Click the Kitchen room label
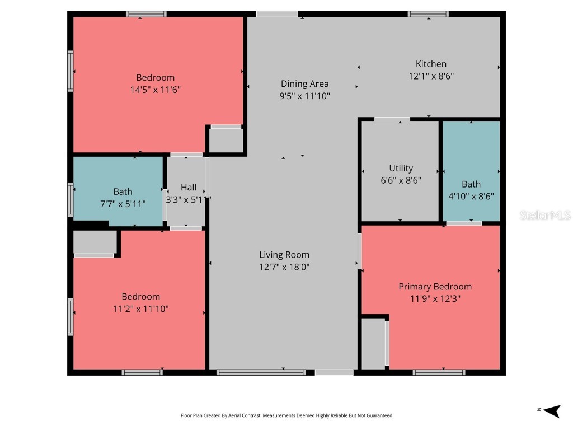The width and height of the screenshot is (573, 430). (x=431, y=64)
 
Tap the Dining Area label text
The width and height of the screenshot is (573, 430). (x=304, y=84)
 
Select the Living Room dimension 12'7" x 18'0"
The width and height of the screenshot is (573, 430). (x=284, y=267)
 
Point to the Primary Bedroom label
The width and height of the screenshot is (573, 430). (x=435, y=287)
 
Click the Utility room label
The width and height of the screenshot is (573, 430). (x=401, y=168)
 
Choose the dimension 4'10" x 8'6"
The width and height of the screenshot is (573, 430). (x=471, y=196)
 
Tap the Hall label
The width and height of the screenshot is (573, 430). (x=189, y=188)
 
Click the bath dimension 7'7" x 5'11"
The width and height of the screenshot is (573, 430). (x=123, y=204)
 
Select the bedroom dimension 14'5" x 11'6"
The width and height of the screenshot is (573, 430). (x=155, y=90)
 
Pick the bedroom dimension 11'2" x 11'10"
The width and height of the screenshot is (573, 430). (x=140, y=309)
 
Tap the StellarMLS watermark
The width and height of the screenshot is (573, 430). (x=544, y=215)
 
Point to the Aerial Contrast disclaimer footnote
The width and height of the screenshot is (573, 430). (x=286, y=415)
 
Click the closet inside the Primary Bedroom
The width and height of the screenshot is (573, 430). (x=373, y=343)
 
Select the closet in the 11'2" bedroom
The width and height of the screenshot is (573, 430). (x=95, y=242)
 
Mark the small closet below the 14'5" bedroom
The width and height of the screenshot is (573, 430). (x=226, y=140)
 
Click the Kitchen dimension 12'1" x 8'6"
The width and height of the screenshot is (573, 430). (x=431, y=76)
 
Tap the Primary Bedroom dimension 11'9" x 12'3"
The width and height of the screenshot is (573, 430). (x=435, y=299)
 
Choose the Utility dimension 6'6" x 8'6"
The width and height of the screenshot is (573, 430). (x=401, y=180)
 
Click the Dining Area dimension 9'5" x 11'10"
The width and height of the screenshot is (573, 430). (x=304, y=96)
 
